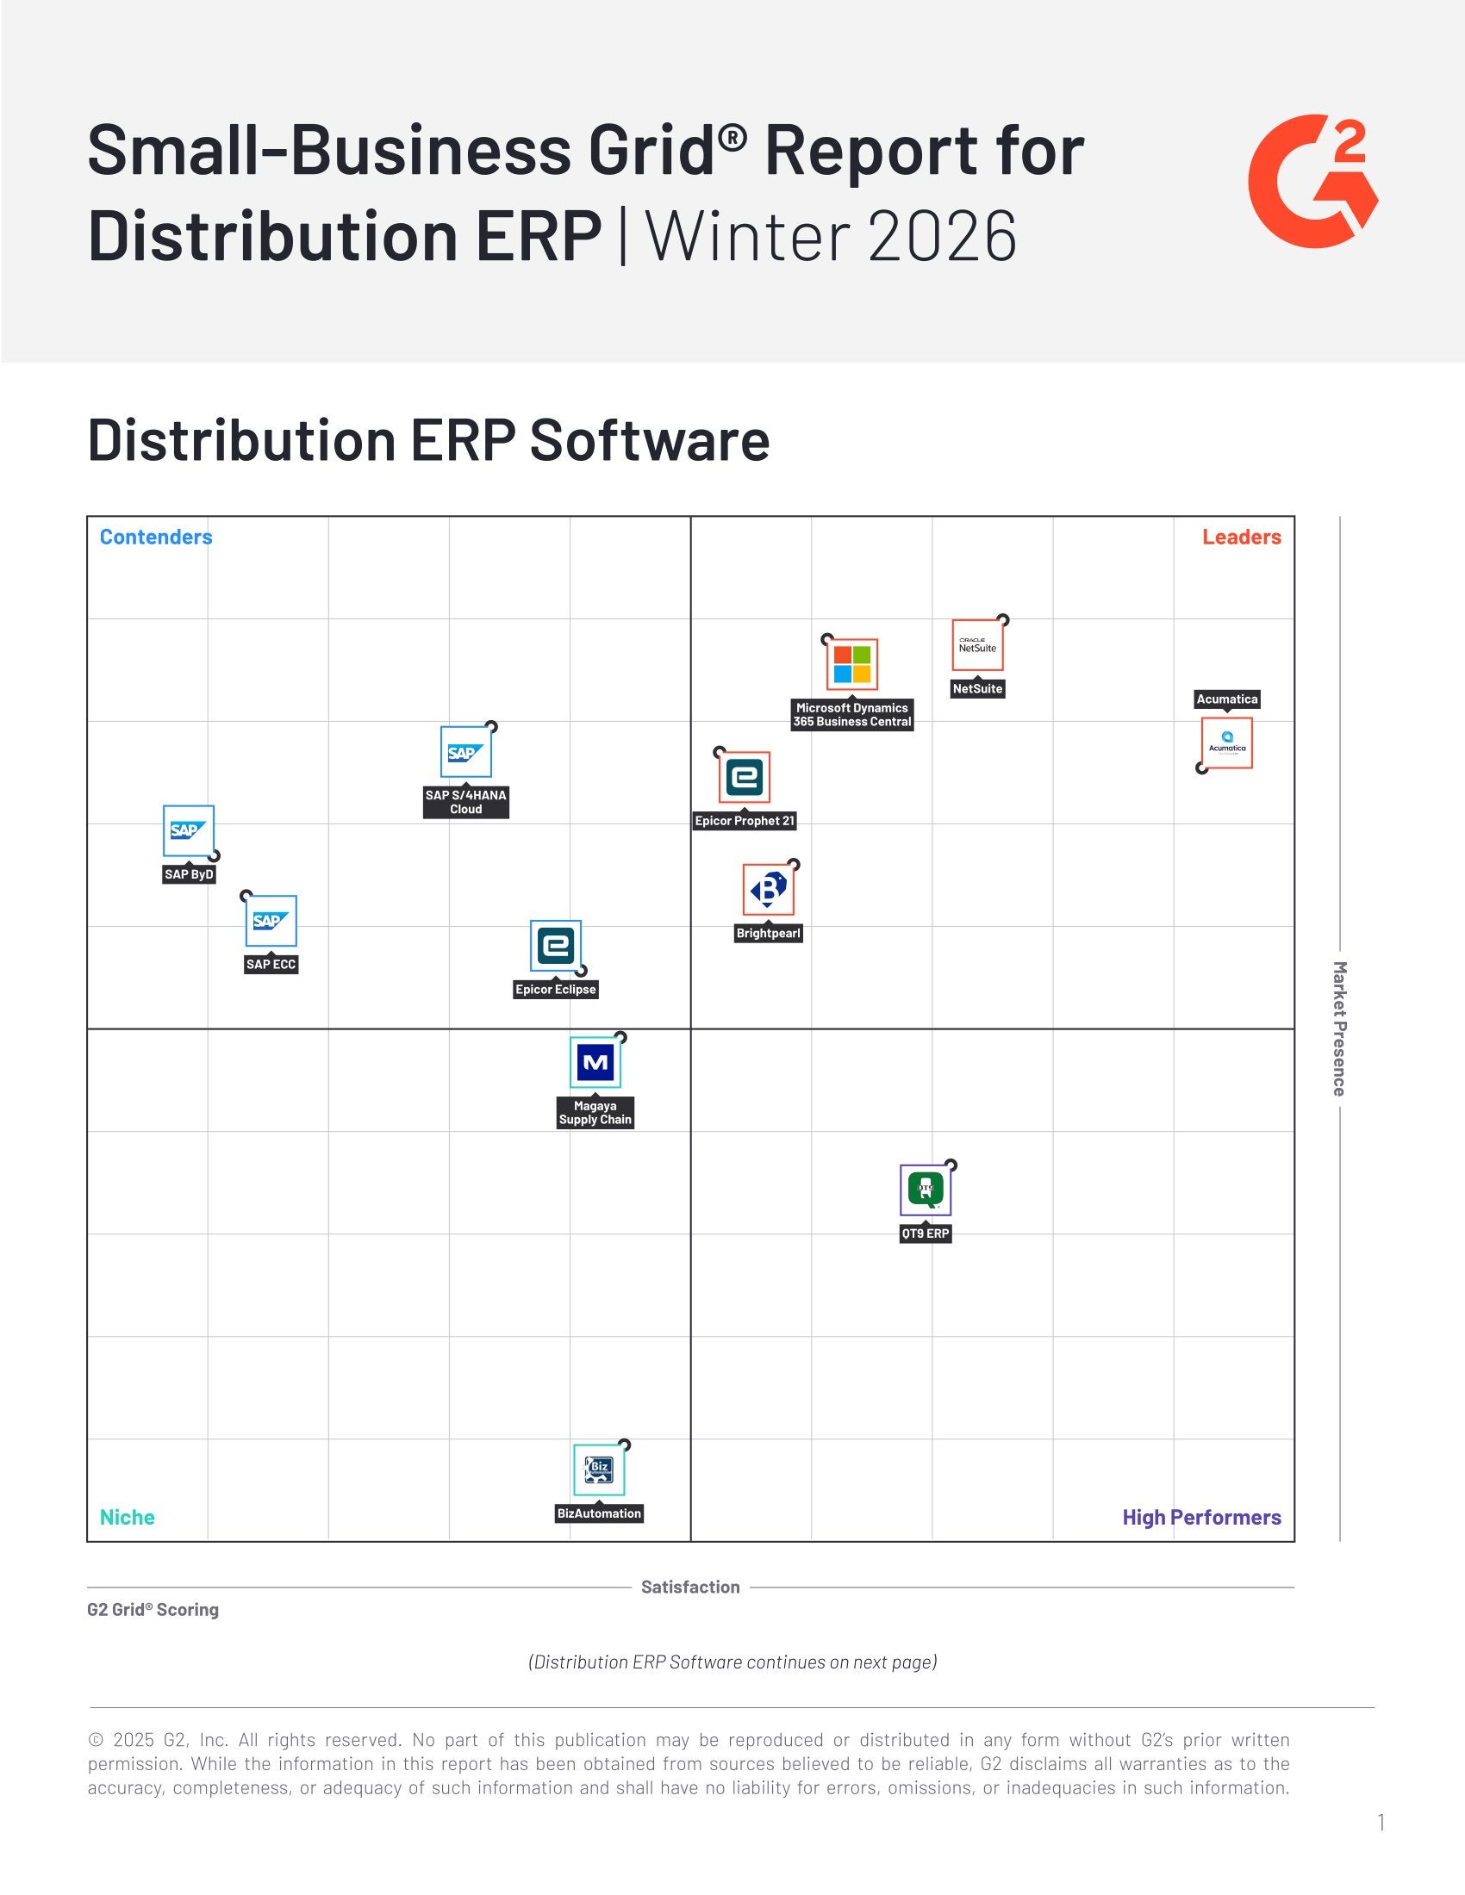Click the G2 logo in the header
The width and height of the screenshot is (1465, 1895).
click(1312, 182)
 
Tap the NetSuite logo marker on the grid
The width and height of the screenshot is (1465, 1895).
click(977, 644)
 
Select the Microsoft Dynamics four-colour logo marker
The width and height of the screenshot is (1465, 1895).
click(851, 664)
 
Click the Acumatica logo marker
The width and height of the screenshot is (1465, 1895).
click(1226, 742)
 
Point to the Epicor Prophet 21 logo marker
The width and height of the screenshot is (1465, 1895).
click(745, 777)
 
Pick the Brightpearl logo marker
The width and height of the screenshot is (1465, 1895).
click(768, 890)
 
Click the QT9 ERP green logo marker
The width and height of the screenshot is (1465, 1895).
click(926, 1190)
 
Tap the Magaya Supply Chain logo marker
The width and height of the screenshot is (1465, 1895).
click(595, 1062)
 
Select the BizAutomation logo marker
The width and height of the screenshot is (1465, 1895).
click(599, 1469)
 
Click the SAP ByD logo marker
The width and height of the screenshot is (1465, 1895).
click(189, 830)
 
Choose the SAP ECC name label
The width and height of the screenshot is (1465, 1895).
click(271, 964)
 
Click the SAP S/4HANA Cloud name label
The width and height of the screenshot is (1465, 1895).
click(466, 802)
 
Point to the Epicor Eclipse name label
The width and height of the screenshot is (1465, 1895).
click(556, 989)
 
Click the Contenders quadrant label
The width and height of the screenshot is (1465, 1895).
click(156, 537)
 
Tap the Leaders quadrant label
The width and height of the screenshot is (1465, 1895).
click(1241, 537)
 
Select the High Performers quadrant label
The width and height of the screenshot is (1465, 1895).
click(1201, 1517)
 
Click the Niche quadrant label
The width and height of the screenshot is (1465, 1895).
click(128, 1517)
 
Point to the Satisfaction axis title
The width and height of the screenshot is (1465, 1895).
click(690, 1587)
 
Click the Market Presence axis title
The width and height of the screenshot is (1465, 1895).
click(1339, 1028)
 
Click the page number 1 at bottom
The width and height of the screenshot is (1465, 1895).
click(1380, 1822)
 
